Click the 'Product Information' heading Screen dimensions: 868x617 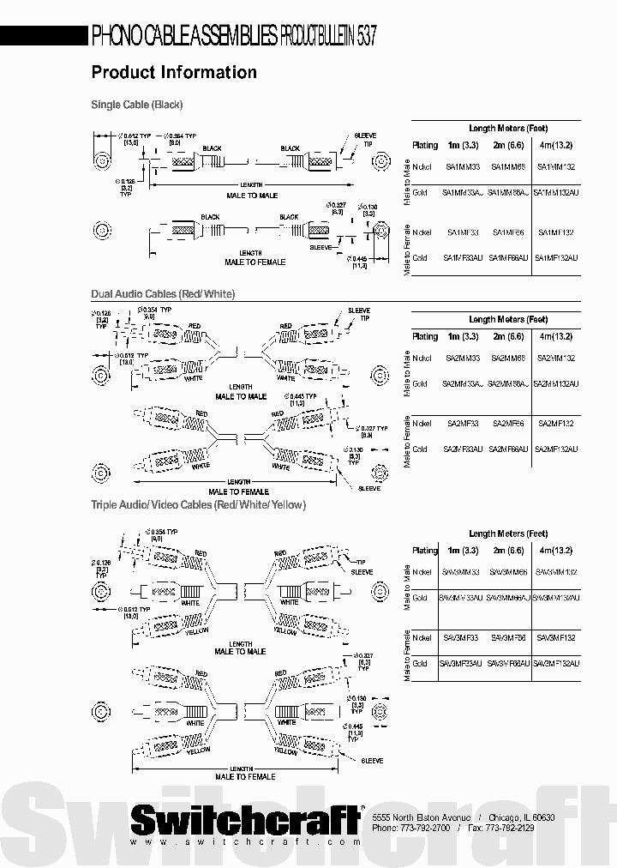coord(174,73)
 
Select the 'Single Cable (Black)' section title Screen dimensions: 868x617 coord(137,105)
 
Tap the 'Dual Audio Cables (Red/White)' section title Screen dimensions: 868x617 coord(163,294)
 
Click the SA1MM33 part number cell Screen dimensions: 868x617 coord(463,167)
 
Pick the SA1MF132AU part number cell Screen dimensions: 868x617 coord(556,258)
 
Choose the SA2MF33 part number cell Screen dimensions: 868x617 coord(463,424)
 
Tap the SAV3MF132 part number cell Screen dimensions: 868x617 coord(556,638)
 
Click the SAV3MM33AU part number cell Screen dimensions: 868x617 coord(463,598)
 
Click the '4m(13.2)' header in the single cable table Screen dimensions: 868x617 coord(556,145)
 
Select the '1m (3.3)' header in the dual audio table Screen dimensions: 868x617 coord(463,337)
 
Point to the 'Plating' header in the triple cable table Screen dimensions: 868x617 coord(425,551)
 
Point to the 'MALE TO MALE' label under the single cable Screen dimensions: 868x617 coord(251,196)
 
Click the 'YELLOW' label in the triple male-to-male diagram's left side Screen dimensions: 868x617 coord(198,631)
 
